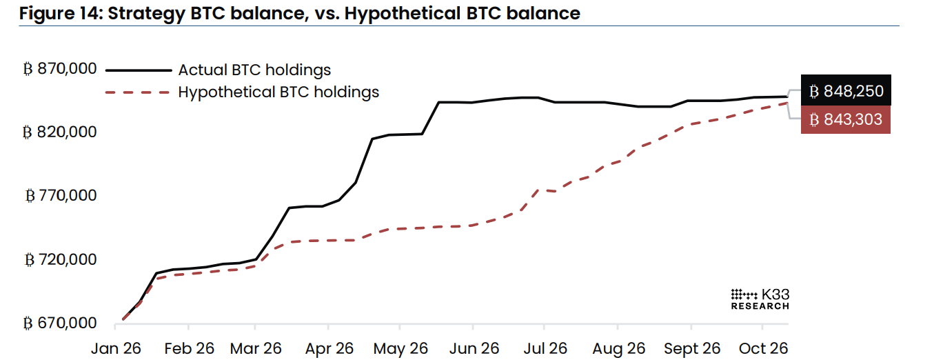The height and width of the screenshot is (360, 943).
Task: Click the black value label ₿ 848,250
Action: (846, 90)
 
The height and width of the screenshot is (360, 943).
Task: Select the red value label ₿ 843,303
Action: (845, 119)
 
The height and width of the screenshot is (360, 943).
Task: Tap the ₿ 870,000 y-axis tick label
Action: (60, 69)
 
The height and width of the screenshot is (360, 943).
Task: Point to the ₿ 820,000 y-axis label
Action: (60, 132)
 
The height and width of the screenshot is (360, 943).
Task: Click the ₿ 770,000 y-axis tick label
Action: (61, 195)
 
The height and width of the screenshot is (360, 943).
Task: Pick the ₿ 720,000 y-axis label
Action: (61, 259)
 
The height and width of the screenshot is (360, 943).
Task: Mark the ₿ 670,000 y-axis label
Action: (60, 323)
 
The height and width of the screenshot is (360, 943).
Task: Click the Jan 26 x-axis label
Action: (116, 349)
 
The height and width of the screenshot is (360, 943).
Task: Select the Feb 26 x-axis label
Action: (189, 349)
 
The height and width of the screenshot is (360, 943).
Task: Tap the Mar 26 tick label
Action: (256, 349)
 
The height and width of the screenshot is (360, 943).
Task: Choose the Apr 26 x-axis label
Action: (329, 349)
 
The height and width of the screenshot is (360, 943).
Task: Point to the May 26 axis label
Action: (400, 349)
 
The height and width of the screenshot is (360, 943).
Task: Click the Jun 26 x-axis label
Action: (474, 349)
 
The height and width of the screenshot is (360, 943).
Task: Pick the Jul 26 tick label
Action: (545, 349)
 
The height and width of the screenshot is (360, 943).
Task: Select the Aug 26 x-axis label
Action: (618, 349)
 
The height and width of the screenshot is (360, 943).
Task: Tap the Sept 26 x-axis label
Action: (692, 349)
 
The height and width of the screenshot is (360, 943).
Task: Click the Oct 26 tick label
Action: (763, 349)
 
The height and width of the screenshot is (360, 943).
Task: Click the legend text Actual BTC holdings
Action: (254, 70)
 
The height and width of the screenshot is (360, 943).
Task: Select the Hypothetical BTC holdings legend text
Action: (278, 92)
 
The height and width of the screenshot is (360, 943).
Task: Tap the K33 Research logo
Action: (760, 299)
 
